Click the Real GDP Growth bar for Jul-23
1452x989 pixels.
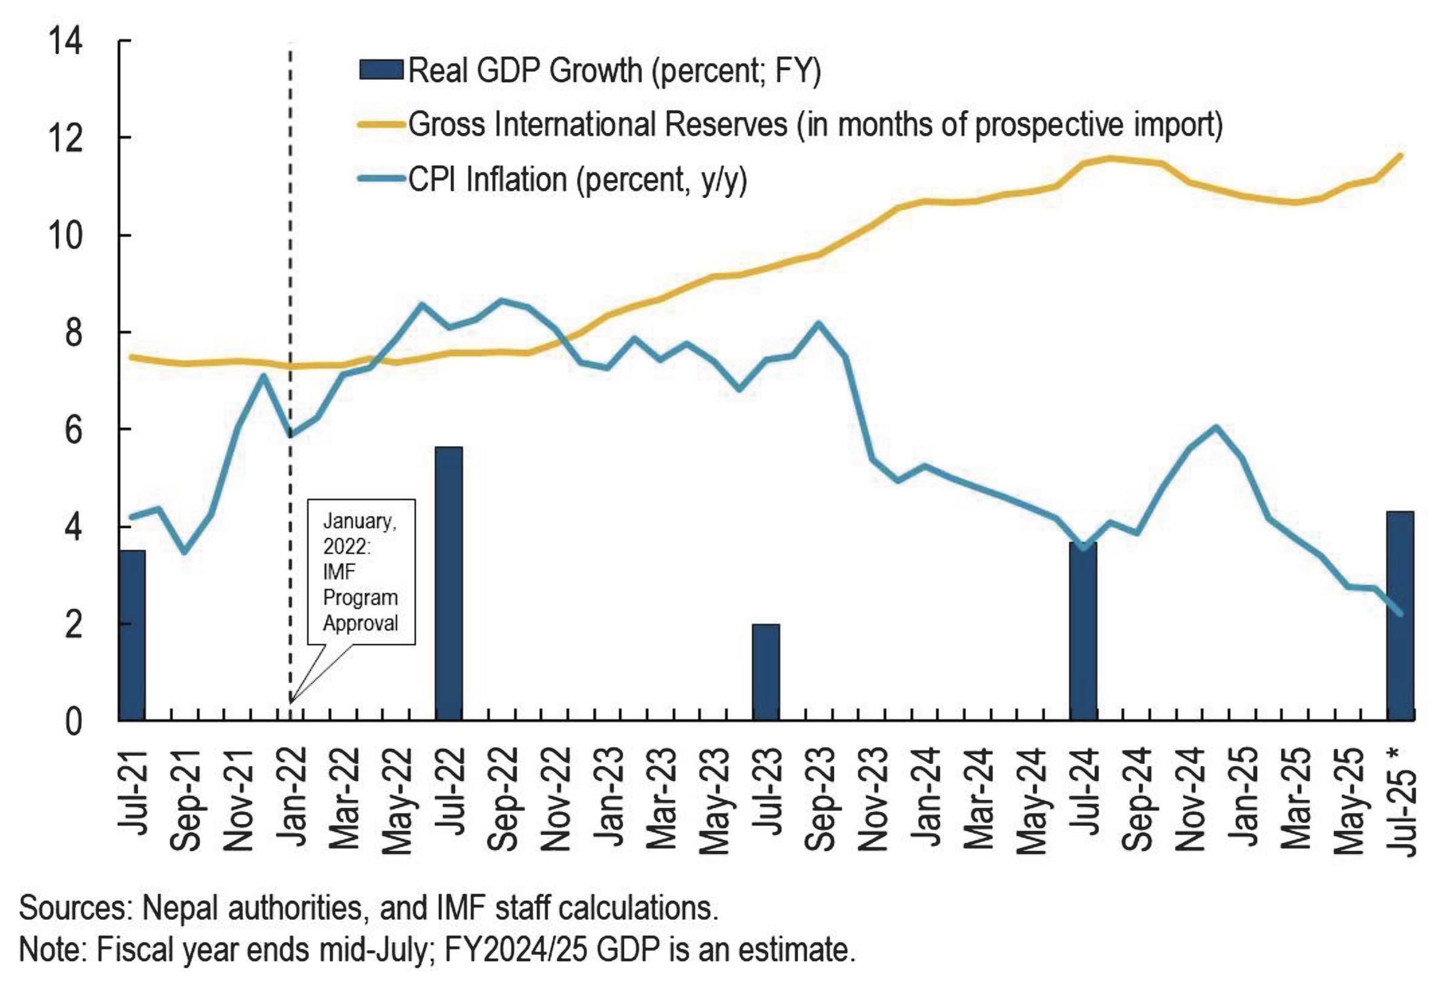coord(766,672)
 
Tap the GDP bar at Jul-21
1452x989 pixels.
coord(133,635)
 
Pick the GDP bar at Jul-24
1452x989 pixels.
coord(1083,631)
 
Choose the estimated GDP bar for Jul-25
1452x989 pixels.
coord(1399,616)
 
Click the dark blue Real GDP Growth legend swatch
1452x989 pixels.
coord(381,70)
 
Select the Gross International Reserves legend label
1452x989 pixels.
coord(815,124)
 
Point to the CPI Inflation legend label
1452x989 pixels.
coord(578,180)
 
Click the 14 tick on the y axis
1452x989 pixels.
coord(65,42)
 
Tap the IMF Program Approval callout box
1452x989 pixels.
coord(361,571)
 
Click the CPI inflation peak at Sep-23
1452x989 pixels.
coord(818,324)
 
